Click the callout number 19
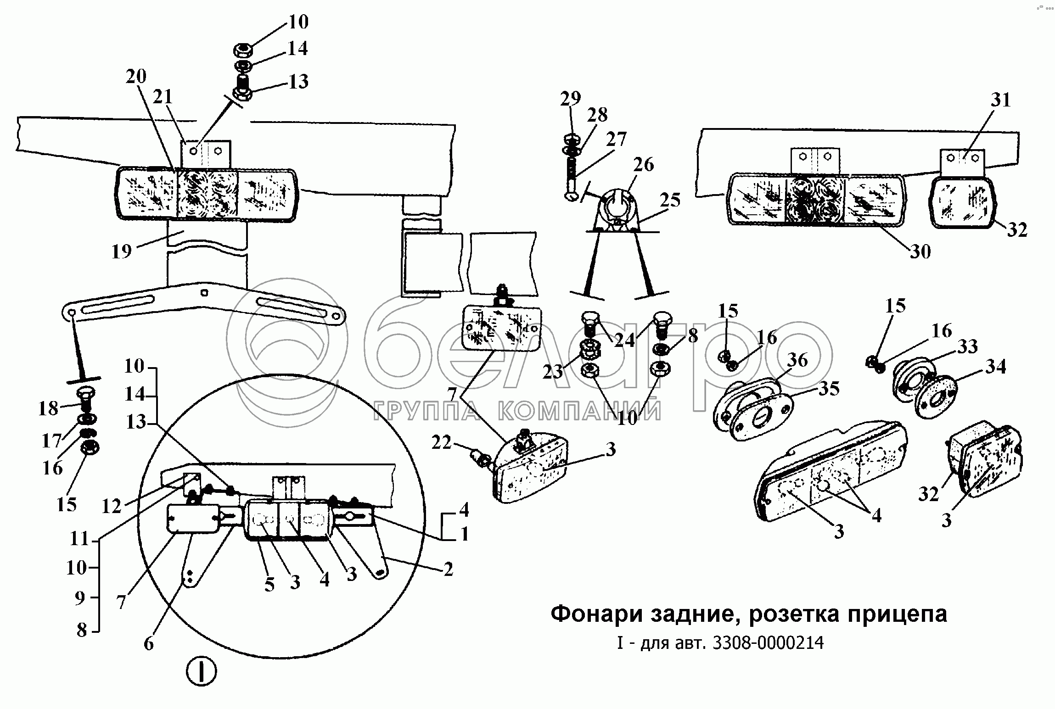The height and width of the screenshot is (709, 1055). pyautogui.click(x=122, y=251)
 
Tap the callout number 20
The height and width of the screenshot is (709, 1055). pyautogui.click(x=136, y=76)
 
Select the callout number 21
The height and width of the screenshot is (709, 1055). pyautogui.click(x=162, y=97)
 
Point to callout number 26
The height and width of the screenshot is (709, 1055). pyautogui.click(x=643, y=165)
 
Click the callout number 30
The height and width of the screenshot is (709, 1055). pyautogui.click(x=920, y=251)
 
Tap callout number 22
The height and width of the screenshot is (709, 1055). pyautogui.click(x=442, y=443)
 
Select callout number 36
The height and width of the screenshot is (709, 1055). pyautogui.click(x=797, y=360)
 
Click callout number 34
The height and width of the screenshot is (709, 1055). pyautogui.click(x=996, y=367)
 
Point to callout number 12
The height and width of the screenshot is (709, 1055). pyautogui.click(x=111, y=506)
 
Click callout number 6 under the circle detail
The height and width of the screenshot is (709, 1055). pyautogui.click(x=149, y=644)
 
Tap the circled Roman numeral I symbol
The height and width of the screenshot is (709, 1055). pyautogui.click(x=201, y=673)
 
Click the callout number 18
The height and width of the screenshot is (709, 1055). pyautogui.click(x=48, y=408)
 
